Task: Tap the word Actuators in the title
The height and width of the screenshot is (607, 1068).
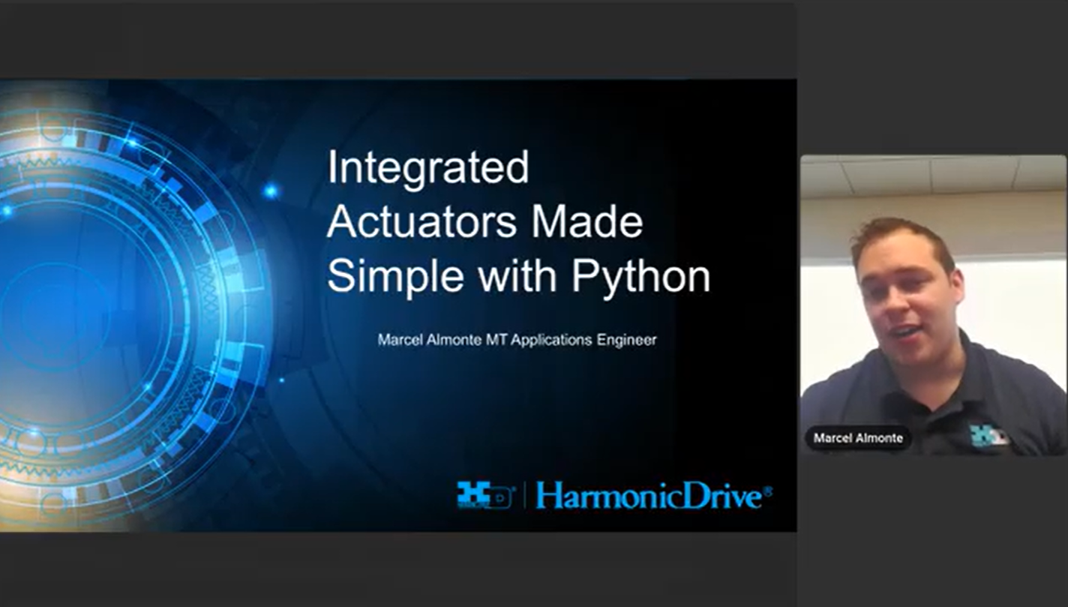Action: pyautogui.click(x=422, y=222)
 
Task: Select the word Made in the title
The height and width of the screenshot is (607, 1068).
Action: pyautogui.click(x=587, y=222)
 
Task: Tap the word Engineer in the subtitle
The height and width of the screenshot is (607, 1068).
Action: pyautogui.click(x=626, y=340)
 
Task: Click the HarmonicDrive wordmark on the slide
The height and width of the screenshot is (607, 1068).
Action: pyautogui.click(x=649, y=496)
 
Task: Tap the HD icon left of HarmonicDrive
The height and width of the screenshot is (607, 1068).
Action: pyautogui.click(x=485, y=495)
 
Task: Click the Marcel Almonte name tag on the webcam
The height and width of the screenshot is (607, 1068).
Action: pyautogui.click(x=858, y=437)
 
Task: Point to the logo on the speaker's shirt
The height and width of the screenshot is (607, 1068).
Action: pyautogui.click(x=988, y=435)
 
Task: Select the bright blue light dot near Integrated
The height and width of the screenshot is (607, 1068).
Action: pyautogui.click(x=271, y=191)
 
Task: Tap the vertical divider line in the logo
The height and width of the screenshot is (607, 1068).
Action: pyautogui.click(x=525, y=495)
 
